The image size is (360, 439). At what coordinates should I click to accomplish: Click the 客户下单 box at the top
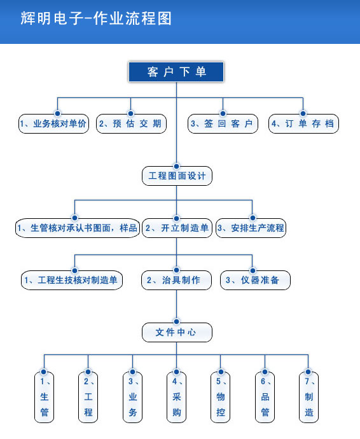[176, 72]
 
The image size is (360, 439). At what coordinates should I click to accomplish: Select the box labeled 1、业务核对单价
[54, 123]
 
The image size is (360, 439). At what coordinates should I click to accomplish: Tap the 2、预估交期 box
[131, 123]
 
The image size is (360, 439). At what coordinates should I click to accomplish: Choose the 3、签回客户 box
[223, 123]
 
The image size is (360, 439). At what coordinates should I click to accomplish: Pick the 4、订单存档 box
[304, 123]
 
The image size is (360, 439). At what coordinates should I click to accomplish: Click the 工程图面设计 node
[177, 176]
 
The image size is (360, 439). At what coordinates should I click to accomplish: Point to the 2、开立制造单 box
[177, 228]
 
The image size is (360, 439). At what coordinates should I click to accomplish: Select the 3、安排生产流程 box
[251, 228]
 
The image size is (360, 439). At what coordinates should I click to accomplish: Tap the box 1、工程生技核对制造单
[72, 280]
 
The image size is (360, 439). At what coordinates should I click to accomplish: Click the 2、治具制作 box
[176, 280]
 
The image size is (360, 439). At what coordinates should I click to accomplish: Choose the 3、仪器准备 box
[255, 280]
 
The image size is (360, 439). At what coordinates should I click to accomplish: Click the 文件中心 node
[177, 332]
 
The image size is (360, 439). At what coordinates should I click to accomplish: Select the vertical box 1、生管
[45, 397]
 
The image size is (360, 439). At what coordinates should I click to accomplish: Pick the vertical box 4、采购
[176, 397]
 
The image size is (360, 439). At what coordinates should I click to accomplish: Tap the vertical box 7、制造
[308, 397]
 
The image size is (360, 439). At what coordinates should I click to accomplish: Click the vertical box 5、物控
[220, 397]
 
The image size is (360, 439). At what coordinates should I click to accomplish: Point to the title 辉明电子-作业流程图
[96, 18]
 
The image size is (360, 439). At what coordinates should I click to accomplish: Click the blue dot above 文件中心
[176, 321]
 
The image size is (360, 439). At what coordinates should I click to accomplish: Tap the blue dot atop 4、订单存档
[303, 113]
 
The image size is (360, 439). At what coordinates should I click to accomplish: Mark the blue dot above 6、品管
[265, 372]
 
